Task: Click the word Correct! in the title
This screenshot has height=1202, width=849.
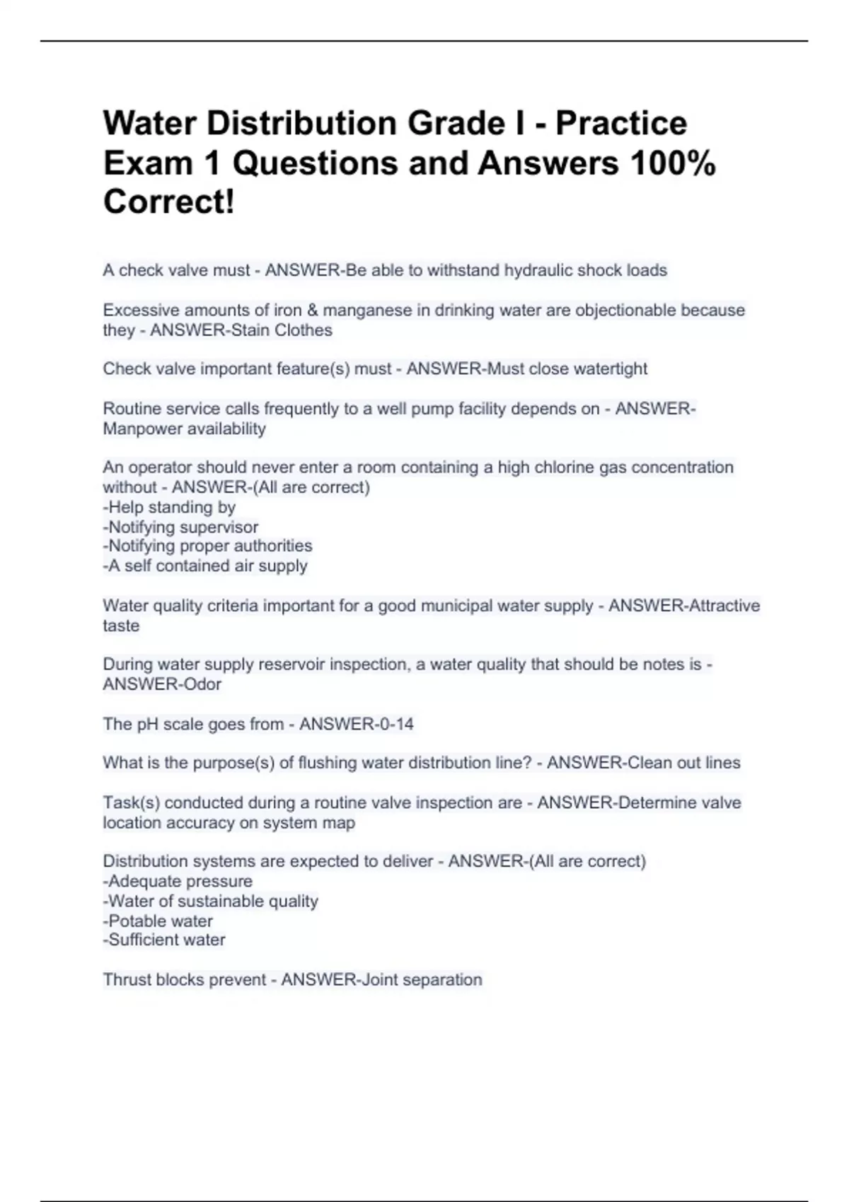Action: coord(168,202)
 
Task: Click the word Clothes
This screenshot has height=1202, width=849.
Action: coord(303,330)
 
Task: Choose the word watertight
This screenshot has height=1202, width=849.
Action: coord(608,368)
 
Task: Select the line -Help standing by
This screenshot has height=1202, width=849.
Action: coord(169,507)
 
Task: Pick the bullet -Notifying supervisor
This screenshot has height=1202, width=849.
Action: coord(180,527)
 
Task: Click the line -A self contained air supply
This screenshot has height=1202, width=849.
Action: coord(205,566)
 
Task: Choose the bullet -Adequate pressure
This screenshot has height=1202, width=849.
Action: coord(178,882)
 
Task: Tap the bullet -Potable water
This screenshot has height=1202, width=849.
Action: coord(158,921)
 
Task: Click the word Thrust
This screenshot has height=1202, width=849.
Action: coord(126,980)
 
